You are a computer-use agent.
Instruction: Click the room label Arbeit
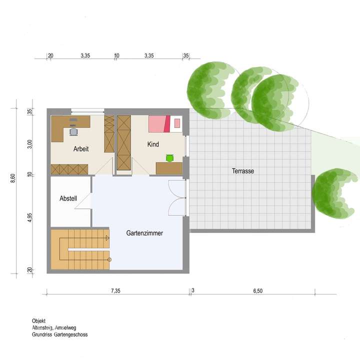[81, 148]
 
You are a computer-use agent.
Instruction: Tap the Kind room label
[153, 144]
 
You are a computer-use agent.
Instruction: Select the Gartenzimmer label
[144, 233]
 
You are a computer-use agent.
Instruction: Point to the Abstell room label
[68, 198]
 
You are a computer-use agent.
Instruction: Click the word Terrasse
[243, 171]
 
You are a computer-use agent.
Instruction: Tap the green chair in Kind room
[169, 158]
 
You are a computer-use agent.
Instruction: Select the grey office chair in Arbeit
[74, 131]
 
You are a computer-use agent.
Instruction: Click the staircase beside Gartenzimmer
[80, 248]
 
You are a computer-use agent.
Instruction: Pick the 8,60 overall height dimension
[13, 178]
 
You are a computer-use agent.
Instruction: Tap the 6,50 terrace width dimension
[258, 291]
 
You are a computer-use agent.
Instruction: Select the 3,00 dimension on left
[30, 143]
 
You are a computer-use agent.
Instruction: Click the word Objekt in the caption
[39, 321]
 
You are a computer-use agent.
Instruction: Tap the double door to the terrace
[177, 197]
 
